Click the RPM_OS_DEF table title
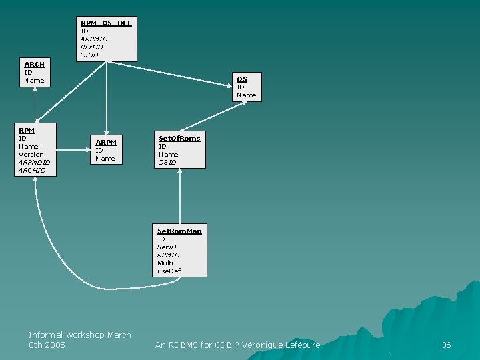click(x=106, y=23)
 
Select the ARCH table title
click(x=35, y=65)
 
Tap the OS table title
click(x=242, y=79)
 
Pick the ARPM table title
click(x=106, y=143)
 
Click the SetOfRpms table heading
click(x=179, y=139)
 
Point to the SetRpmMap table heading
click(x=179, y=231)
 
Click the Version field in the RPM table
click(x=31, y=155)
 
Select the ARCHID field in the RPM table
click(x=32, y=171)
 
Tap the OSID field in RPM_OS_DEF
click(x=89, y=55)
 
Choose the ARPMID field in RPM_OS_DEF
click(x=94, y=39)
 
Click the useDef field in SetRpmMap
click(x=169, y=271)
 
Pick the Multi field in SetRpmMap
click(x=165, y=263)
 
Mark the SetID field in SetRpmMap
click(x=167, y=247)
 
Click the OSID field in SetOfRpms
click(x=167, y=163)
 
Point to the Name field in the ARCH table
click(x=34, y=81)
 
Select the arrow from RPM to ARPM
click(x=73, y=150)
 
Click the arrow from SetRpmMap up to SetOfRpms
click(x=180, y=196)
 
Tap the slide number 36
click(x=446, y=345)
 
